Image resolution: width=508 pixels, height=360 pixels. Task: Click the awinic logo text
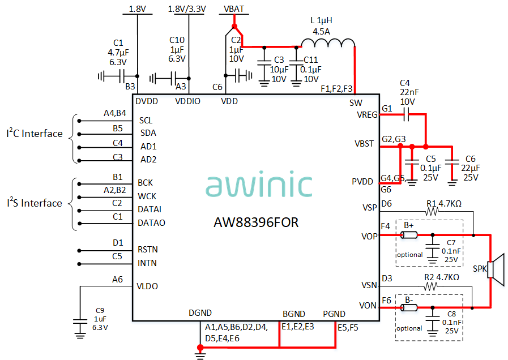pos(259,185)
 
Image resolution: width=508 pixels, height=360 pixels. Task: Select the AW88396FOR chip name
pos(256,222)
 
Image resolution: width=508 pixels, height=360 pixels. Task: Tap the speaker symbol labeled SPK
pos(497,269)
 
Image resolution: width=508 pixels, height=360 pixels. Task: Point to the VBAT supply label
pos(234,8)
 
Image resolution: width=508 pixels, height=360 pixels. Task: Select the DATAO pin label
pos(151,223)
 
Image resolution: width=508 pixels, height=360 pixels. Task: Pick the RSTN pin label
pos(147,250)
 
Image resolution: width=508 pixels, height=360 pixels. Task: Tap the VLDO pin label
pos(148,286)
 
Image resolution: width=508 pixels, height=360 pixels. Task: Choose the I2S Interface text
pos(35,203)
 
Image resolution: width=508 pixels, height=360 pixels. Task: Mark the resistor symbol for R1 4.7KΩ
pos(433,211)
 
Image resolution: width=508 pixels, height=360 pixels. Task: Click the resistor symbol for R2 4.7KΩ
pos(433,286)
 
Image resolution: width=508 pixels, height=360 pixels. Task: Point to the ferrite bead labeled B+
pos(408,235)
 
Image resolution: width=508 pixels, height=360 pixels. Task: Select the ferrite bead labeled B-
pos(408,308)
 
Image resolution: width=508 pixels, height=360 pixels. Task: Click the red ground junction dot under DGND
pos(199,347)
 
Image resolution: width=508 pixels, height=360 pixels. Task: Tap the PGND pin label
pos(334,314)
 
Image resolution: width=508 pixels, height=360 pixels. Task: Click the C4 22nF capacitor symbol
pos(405,115)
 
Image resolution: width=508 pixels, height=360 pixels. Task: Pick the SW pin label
pos(356,102)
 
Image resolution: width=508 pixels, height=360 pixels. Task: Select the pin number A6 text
pos(117,279)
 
